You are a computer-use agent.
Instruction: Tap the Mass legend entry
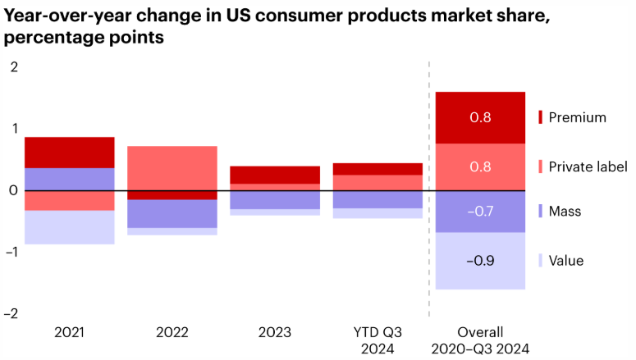[565, 212]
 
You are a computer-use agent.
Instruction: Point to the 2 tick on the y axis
[13, 66]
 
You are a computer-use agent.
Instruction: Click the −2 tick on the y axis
[11, 313]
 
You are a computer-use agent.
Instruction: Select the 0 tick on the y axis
[13, 190]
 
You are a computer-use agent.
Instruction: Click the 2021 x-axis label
[69, 332]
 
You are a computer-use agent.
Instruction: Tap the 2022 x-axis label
[172, 332]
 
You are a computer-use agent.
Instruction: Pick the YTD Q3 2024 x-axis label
[377, 339]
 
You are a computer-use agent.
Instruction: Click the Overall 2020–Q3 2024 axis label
[480, 339]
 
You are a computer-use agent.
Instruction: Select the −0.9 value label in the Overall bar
[480, 261]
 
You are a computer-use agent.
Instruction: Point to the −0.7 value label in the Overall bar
[480, 212]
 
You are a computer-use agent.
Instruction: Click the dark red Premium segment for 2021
[69, 153]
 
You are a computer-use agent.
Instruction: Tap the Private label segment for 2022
[172, 167]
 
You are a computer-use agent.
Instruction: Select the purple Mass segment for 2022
[172, 214]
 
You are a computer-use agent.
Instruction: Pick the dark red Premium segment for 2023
[275, 175]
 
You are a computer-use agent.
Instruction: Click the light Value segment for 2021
[69, 227]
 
